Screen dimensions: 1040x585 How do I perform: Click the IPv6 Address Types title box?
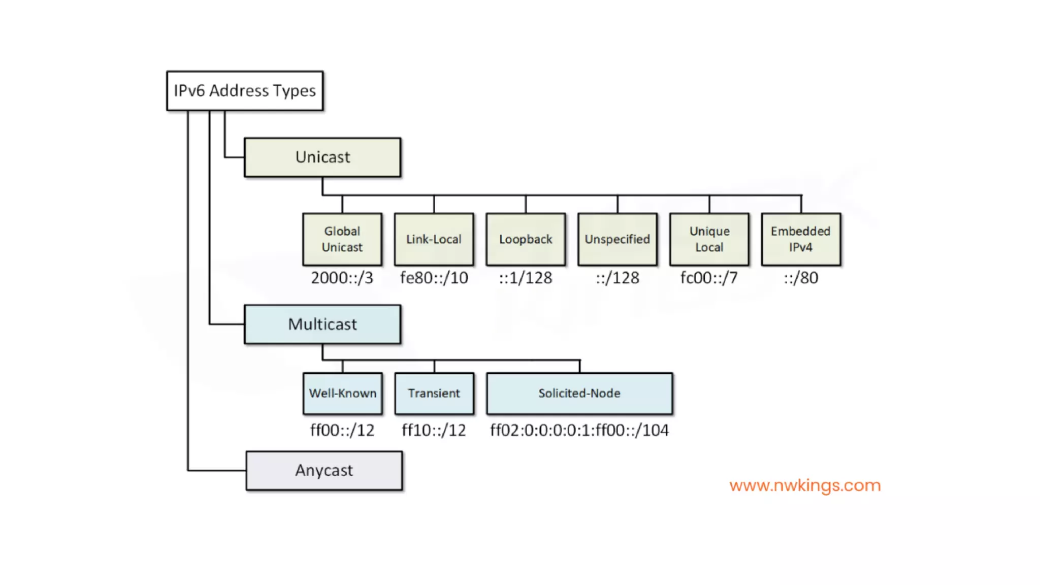coord(245,91)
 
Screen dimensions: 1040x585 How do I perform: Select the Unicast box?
coord(322,157)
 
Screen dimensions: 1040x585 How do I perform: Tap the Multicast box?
coord(322,324)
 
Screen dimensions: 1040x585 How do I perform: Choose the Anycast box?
coord(324,471)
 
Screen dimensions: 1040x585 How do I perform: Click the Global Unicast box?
coord(342,239)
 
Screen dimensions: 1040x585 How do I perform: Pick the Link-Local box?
coord(434,239)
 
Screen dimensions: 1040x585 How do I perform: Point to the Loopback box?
coord(526,239)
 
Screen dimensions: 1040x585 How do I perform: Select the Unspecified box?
coord(617,239)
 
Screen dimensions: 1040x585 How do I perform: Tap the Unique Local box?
coord(709,239)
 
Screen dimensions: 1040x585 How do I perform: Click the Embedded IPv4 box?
coord(801,239)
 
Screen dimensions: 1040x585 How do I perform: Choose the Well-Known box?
coord(343,394)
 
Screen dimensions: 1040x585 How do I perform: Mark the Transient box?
coord(434,394)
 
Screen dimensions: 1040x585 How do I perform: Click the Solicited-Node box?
coord(579,394)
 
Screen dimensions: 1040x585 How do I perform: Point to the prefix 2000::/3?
coord(342,278)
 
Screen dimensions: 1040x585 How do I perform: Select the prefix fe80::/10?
coord(434,278)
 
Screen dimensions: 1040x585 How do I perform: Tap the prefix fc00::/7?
coord(709,278)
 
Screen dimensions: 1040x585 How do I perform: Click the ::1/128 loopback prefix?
coord(526,278)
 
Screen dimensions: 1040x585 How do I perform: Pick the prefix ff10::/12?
coord(434,431)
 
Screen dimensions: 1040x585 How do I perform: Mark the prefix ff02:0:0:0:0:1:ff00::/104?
coord(579,431)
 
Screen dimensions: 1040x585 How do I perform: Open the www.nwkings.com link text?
coord(805,485)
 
